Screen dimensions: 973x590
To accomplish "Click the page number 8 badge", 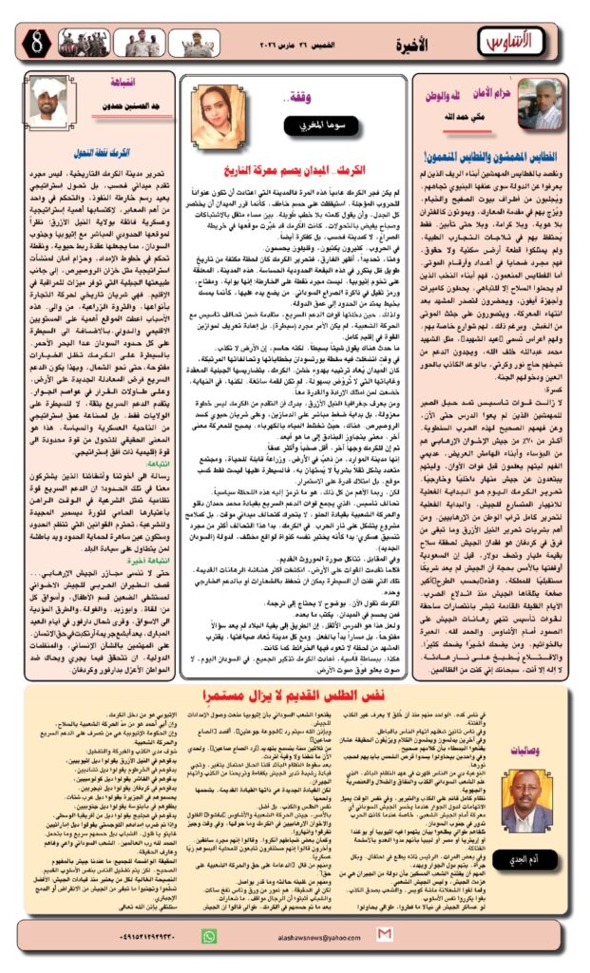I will click(26, 41).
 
